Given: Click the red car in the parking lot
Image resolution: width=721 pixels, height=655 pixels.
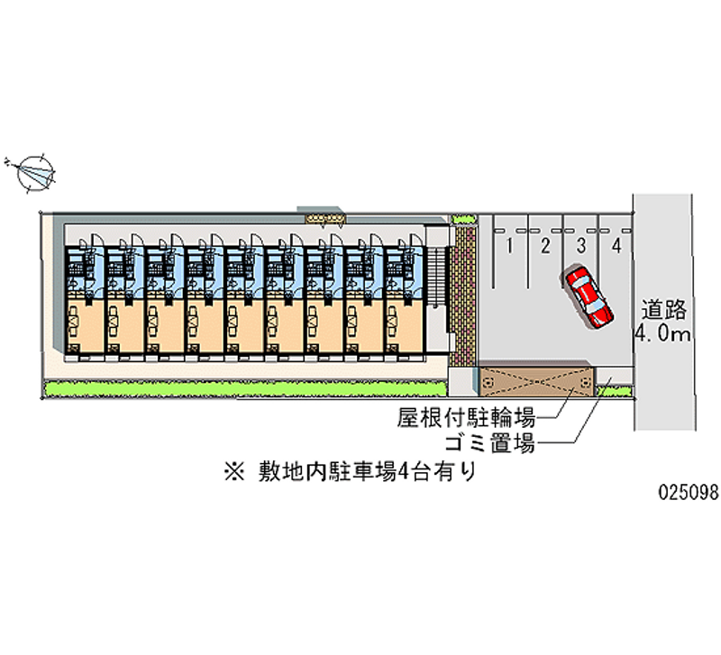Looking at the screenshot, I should [589, 296].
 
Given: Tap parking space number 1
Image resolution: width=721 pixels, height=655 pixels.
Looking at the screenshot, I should [510, 245].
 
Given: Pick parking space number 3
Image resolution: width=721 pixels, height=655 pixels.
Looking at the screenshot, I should [581, 245].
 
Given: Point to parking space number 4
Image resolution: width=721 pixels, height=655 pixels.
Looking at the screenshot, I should [616, 245].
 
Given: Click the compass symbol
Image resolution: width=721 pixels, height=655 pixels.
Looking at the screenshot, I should [36, 171].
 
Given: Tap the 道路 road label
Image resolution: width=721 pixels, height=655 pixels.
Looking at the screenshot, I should [665, 312].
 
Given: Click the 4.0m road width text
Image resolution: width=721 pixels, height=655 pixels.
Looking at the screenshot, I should [663, 337].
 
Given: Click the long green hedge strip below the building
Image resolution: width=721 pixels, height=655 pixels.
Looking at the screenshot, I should [244, 389].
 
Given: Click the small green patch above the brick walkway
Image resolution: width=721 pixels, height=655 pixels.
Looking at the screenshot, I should [463, 219].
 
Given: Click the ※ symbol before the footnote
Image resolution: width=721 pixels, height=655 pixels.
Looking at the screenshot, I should [236, 469].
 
